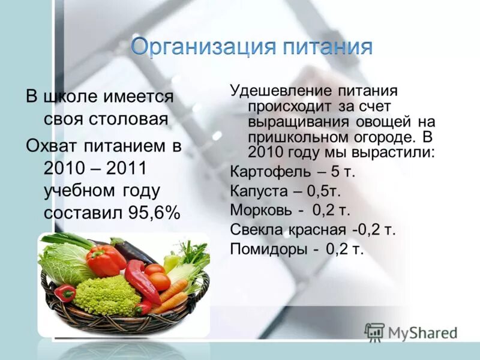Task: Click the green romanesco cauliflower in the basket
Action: click(x=107, y=295)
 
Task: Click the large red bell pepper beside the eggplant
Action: click(x=104, y=259)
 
